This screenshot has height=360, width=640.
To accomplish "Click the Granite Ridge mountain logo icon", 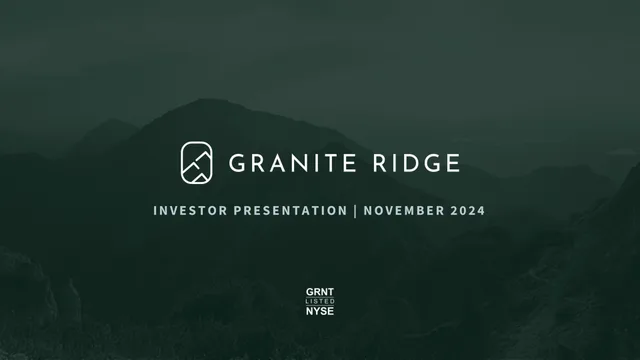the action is point(196,163).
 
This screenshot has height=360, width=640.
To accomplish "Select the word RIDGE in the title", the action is point(417,163).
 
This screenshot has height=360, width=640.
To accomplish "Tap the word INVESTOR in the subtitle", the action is point(190,211).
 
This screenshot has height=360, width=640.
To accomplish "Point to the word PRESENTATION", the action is point(291,211).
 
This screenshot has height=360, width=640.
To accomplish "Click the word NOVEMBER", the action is point(404,211).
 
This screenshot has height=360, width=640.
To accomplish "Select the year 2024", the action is point(468,211).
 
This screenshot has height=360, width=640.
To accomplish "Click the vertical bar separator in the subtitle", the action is point(356,211).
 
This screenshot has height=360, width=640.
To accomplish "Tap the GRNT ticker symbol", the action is point(320,292).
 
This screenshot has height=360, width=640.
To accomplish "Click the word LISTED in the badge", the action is point(320,301).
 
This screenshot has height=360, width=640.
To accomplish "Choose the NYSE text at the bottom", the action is point(320,311).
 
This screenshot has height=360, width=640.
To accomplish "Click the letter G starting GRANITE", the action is point(237,163).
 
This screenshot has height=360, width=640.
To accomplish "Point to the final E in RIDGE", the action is point(454,163).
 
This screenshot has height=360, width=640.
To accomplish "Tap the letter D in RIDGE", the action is point(410,163).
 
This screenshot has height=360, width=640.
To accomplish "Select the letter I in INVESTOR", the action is point(155,211).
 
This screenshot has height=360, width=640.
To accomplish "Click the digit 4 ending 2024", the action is point(481,211).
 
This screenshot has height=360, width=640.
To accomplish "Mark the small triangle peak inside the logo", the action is point(200,178).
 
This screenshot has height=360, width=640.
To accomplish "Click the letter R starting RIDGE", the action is point(379,163).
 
